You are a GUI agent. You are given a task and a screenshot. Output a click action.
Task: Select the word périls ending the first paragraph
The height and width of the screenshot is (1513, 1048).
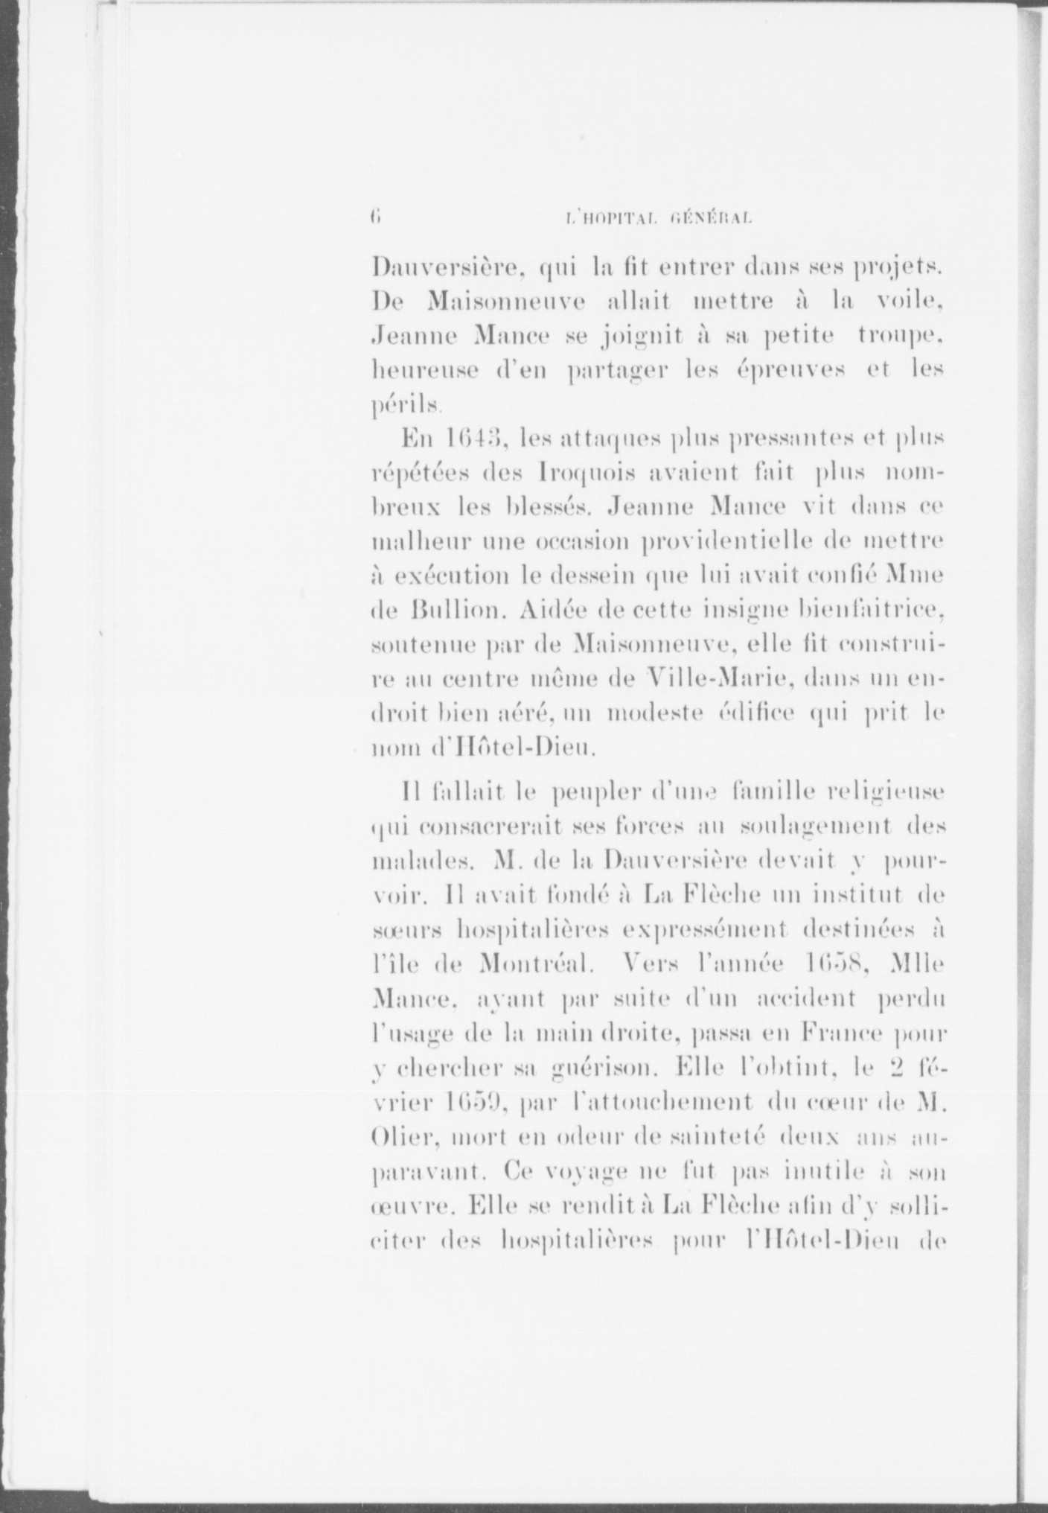406,406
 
